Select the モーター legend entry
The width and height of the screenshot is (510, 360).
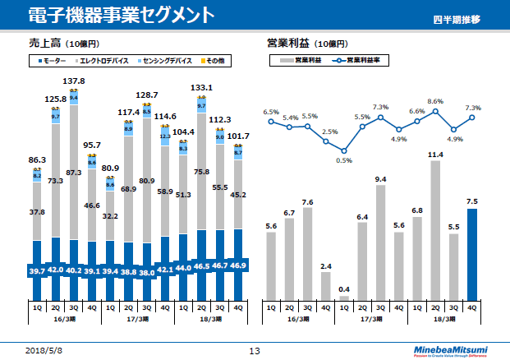51,60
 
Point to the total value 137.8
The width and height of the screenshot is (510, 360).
74,81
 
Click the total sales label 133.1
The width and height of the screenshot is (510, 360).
202,87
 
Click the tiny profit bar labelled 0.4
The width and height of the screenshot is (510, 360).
344,298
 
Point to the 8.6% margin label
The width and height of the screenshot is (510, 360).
436,101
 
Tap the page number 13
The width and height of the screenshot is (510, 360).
255,351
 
